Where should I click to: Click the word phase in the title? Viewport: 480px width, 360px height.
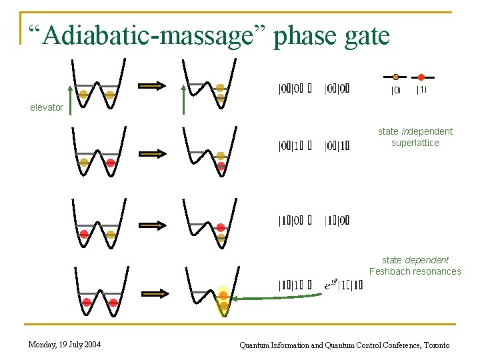click(312, 35)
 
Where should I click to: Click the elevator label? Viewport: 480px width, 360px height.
click(47, 107)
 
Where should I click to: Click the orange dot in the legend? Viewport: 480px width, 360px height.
click(396, 77)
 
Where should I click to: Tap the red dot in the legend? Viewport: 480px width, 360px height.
click(421, 77)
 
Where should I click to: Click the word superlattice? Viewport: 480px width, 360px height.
click(415, 143)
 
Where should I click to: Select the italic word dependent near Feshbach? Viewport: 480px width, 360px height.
click(427, 260)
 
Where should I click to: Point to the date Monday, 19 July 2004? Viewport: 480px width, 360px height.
click(65, 345)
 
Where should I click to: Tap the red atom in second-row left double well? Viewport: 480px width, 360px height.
click(111, 163)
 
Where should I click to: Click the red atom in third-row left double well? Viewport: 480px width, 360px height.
click(84, 234)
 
